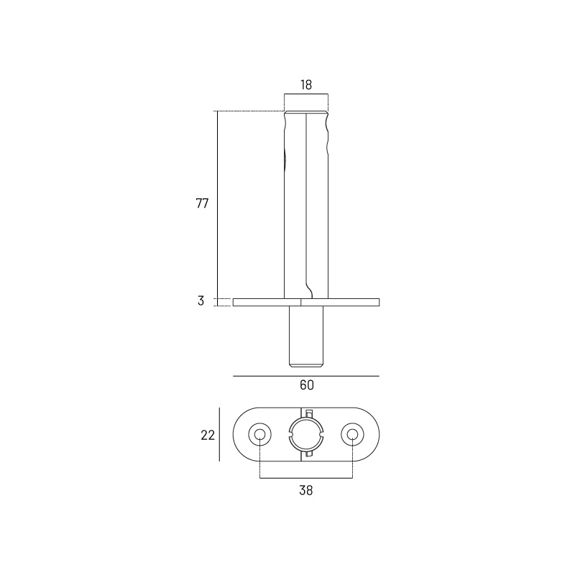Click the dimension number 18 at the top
pos(306,85)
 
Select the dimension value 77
pos(202,203)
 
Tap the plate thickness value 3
pos(201,301)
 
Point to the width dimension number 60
pos(307,385)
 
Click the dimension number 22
pos(208,436)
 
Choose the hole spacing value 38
pos(306,490)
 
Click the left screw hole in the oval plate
pos(259,435)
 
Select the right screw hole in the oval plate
pos(352,435)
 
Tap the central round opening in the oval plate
pos(306,435)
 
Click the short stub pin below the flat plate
pos(306,336)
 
